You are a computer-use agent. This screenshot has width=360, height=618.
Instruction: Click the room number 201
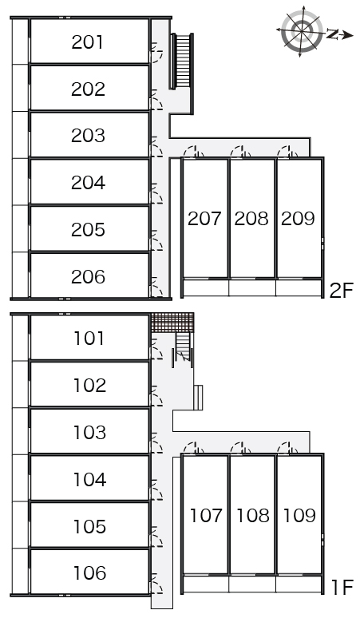coord(88,42)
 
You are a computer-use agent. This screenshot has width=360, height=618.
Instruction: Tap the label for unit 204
coord(89,183)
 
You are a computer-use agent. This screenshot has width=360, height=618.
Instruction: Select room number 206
coord(89,277)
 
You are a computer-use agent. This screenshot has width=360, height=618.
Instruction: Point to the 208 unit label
coord(251,218)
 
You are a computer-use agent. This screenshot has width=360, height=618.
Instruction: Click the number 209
coord(298,218)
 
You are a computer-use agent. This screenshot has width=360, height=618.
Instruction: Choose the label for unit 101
coord(89,339)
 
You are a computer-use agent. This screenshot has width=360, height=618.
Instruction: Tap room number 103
coord(90,433)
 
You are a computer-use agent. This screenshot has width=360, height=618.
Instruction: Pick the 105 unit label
coord(90,526)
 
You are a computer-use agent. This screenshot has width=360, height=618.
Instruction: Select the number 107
coord(206,516)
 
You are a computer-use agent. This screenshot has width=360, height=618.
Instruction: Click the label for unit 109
coord(299,516)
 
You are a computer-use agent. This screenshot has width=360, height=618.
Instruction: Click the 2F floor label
coord(342,291)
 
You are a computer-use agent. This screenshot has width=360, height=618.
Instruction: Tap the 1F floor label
coord(342,588)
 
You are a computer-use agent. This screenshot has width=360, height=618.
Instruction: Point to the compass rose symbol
coord(302,31)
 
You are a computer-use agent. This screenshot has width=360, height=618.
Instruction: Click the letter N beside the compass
coord(333,34)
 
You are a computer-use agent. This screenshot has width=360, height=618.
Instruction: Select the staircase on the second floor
coord(182,61)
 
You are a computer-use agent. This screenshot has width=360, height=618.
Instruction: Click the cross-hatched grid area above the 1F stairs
coord(172,323)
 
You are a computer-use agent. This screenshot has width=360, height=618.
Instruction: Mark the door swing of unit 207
coord(194,153)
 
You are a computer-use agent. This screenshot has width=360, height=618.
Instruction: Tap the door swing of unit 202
coord(157,100)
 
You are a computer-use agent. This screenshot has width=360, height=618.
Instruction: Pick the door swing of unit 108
coord(240,449)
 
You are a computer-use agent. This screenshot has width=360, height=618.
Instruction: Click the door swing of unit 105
coord(157,537)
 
